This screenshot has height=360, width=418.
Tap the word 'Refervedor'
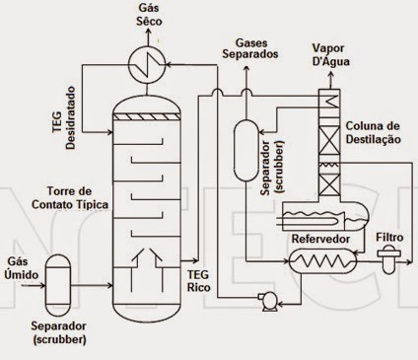pyautogui.click(x=321, y=238)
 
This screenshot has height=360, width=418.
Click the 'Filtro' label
pyautogui.click(x=393, y=238)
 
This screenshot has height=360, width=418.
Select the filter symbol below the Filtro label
pyautogui.click(x=392, y=258)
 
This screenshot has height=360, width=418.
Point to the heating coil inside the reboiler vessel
pyautogui.click(x=323, y=258)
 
